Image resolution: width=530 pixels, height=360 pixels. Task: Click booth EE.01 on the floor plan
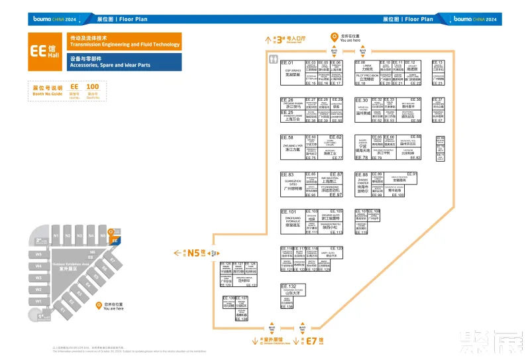pyautogui.click(x=292, y=73)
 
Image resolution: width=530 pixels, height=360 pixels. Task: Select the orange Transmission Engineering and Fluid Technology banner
pyautogui.click(x=123, y=41)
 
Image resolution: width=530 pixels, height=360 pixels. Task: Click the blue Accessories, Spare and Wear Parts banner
pyautogui.click(x=123, y=62)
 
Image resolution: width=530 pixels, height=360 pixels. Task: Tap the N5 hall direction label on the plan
pyautogui.click(x=194, y=253)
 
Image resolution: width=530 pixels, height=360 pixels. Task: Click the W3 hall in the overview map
pyautogui.click(x=38, y=277)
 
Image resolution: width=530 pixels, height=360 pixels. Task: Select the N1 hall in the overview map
pyautogui.click(x=57, y=236)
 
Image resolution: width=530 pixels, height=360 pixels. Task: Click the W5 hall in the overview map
pyautogui.click(x=38, y=255)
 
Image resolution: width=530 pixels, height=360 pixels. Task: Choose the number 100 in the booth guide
pyautogui.click(x=93, y=87)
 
